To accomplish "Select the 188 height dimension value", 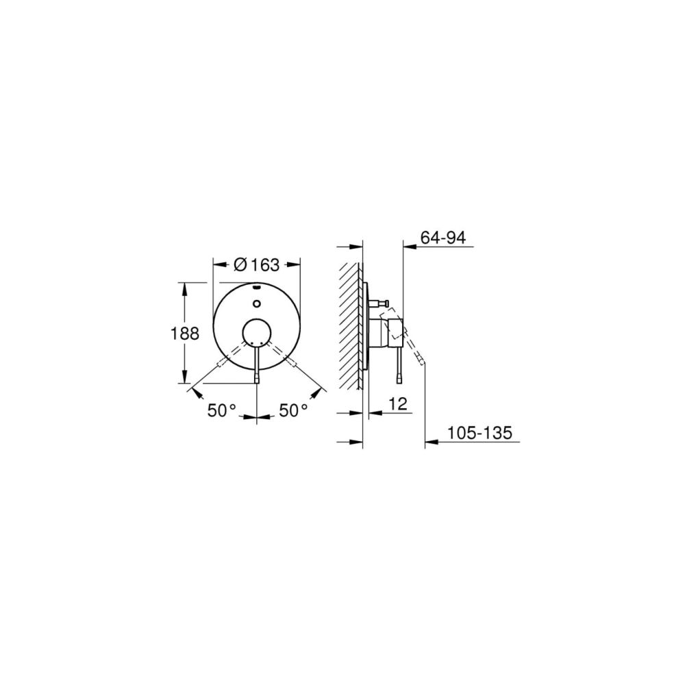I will point(184,334).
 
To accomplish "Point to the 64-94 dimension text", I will point(443,238).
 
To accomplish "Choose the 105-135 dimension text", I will point(480,433).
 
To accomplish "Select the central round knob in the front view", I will point(257,333).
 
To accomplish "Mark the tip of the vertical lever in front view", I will point(257,379).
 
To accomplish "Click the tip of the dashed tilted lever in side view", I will point(423,362).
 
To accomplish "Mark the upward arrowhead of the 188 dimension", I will point(184,287).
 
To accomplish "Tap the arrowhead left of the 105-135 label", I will point(430,443).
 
